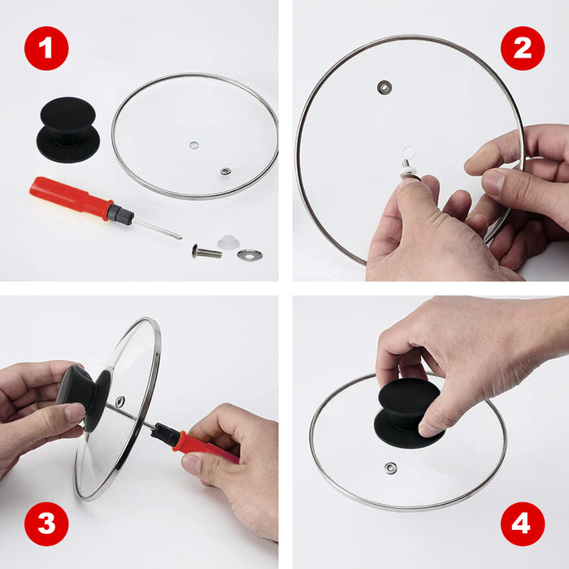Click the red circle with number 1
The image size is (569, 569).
46,48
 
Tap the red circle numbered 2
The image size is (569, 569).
522,48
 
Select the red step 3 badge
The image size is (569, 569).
46,523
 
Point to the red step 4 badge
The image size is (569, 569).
522,523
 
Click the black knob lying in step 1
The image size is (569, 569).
68,129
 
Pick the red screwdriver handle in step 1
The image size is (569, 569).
70,198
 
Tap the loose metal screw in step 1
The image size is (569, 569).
206,251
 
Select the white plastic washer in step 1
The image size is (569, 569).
228,242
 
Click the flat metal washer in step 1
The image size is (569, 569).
250,254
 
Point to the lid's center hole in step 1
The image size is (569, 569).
193,145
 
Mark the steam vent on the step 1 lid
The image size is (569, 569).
225,172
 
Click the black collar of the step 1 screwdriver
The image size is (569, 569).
120,215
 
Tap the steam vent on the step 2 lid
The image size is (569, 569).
384,86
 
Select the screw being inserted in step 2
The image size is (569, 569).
404,167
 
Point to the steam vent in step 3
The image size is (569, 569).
120,402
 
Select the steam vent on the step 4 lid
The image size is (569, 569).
391,467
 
